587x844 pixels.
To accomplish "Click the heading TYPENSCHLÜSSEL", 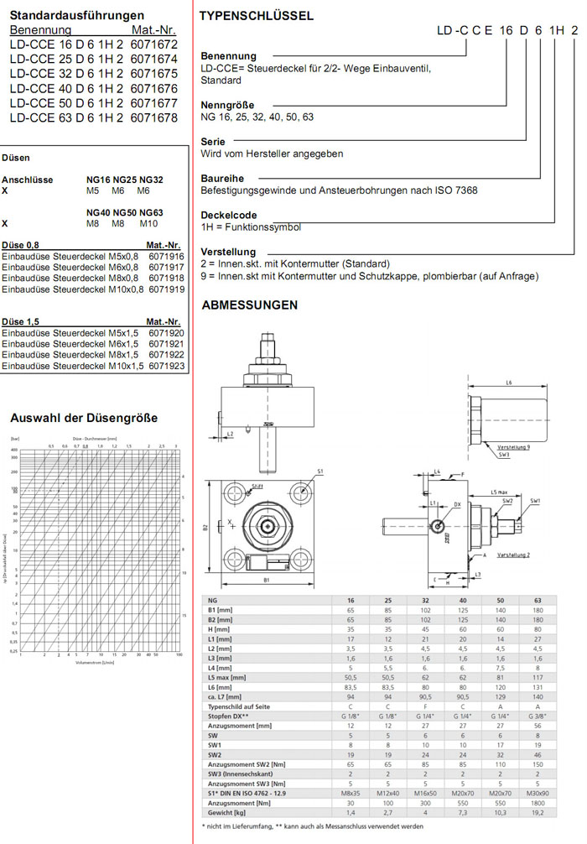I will [257, 16].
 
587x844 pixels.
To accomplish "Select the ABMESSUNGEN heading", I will [250, 305].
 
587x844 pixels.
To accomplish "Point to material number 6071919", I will [166, 289].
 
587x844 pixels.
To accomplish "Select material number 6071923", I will [165, 367].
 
